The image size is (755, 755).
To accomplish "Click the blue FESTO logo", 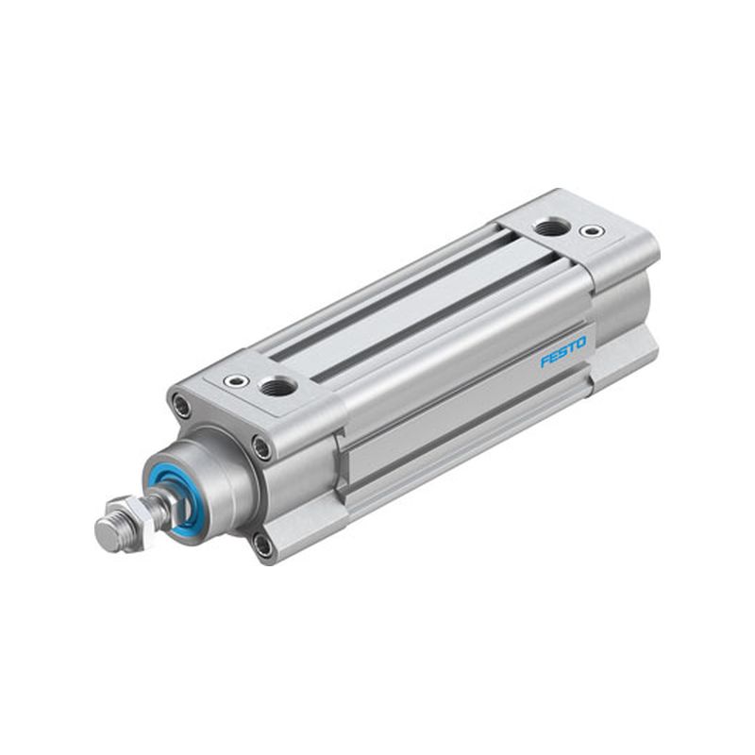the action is (x=562, y=350).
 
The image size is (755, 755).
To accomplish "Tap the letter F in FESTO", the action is (x=545, y=361).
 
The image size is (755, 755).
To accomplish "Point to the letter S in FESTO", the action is (x=562, y=351).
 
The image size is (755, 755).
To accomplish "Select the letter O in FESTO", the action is (x=581, y=342).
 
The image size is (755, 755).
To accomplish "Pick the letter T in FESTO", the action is (x=573, y=346).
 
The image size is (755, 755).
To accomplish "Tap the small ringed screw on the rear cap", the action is (x=591, y=230).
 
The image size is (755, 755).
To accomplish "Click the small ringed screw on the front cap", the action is (x=236, y=381).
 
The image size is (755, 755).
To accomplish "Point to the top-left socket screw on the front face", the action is (x=180, y=405).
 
